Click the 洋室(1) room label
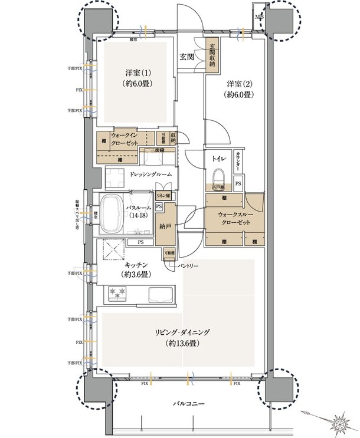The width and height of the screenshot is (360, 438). [138, 78]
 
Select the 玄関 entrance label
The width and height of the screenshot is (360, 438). [188, 57]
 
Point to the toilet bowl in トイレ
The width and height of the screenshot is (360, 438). [220, 177]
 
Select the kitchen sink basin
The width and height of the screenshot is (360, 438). [161, 294]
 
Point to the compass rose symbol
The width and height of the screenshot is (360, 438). [341, 422]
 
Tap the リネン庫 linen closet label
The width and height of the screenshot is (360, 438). [163, 195]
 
